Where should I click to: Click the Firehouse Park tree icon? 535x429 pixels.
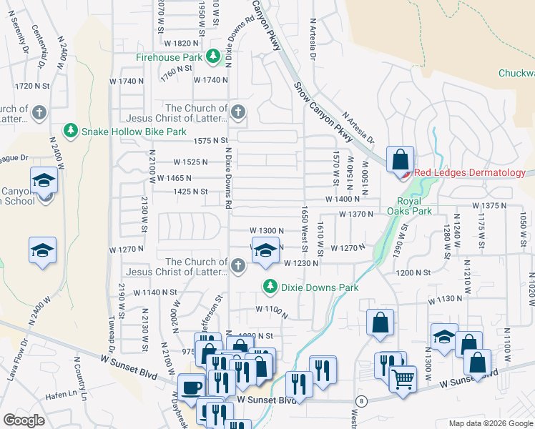(x=212, y=56)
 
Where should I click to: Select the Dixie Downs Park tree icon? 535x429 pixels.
(x=270, y=287)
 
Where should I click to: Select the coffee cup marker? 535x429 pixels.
(x=191, y=386)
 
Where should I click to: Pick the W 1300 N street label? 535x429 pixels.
(x=267, y=230)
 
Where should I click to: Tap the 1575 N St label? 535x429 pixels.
(x=210, y=140)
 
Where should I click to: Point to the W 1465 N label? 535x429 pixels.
(x=175, y=177)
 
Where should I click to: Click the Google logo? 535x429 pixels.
(x=24, y=420)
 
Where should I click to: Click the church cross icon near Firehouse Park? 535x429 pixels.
(x=238, y=112)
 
